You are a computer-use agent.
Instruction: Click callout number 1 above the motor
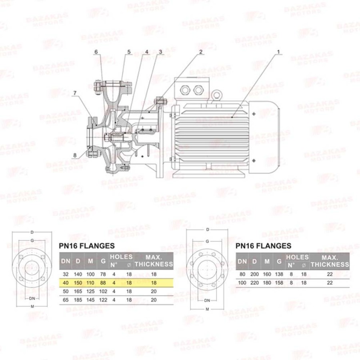[x=278, y=52]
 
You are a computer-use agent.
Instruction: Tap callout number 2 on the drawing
[x=201, y=52]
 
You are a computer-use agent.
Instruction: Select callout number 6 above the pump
[x=96, y=52]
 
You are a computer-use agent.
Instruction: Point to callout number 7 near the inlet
[x=75, y=93]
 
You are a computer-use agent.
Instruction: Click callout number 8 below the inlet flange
[x=75, y=155]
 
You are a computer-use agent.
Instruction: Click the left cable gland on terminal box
[x=185, y=90]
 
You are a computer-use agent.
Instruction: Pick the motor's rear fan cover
[x=264, y=137]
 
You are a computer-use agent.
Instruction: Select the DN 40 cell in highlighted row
[x=66, y=283]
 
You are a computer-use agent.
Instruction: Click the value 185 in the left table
[x=78, y=300]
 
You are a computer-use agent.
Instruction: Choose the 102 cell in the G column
[x=103, y=291]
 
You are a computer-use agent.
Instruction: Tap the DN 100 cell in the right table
[x=242, y=283]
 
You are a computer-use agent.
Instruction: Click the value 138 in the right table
[x=279, y=274]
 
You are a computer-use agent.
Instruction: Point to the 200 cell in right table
[x=254, y=274]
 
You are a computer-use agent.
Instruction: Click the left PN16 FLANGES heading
[x=87, y=246]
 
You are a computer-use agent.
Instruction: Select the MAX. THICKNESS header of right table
[x=330, y=261]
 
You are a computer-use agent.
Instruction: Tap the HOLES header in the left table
[x=121, y=257]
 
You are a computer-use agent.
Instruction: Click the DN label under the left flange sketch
[x=32, y=298]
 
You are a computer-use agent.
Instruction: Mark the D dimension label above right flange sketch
[x=208, y=230]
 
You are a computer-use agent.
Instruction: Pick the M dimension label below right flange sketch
[x=207, y=309]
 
